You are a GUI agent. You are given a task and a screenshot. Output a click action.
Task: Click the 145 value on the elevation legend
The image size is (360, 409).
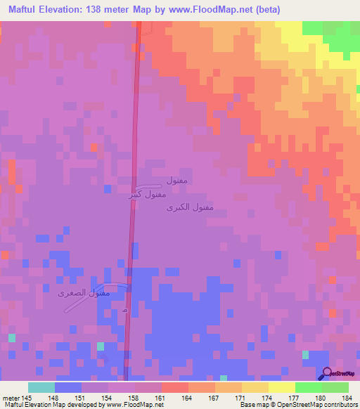point(27,397)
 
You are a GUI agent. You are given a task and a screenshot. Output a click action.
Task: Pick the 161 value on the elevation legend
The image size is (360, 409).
point(160,397)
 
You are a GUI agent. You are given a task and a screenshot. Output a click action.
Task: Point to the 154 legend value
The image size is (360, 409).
point(107,397)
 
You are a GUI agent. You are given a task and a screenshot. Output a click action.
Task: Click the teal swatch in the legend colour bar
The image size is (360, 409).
point(41,387)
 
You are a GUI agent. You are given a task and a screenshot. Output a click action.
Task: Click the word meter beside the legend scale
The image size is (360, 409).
point(10,397)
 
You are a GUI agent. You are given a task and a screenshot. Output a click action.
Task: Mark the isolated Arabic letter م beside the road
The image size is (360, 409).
point(124,310)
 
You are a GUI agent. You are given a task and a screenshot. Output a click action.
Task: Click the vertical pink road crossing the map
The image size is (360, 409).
point(132,211)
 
